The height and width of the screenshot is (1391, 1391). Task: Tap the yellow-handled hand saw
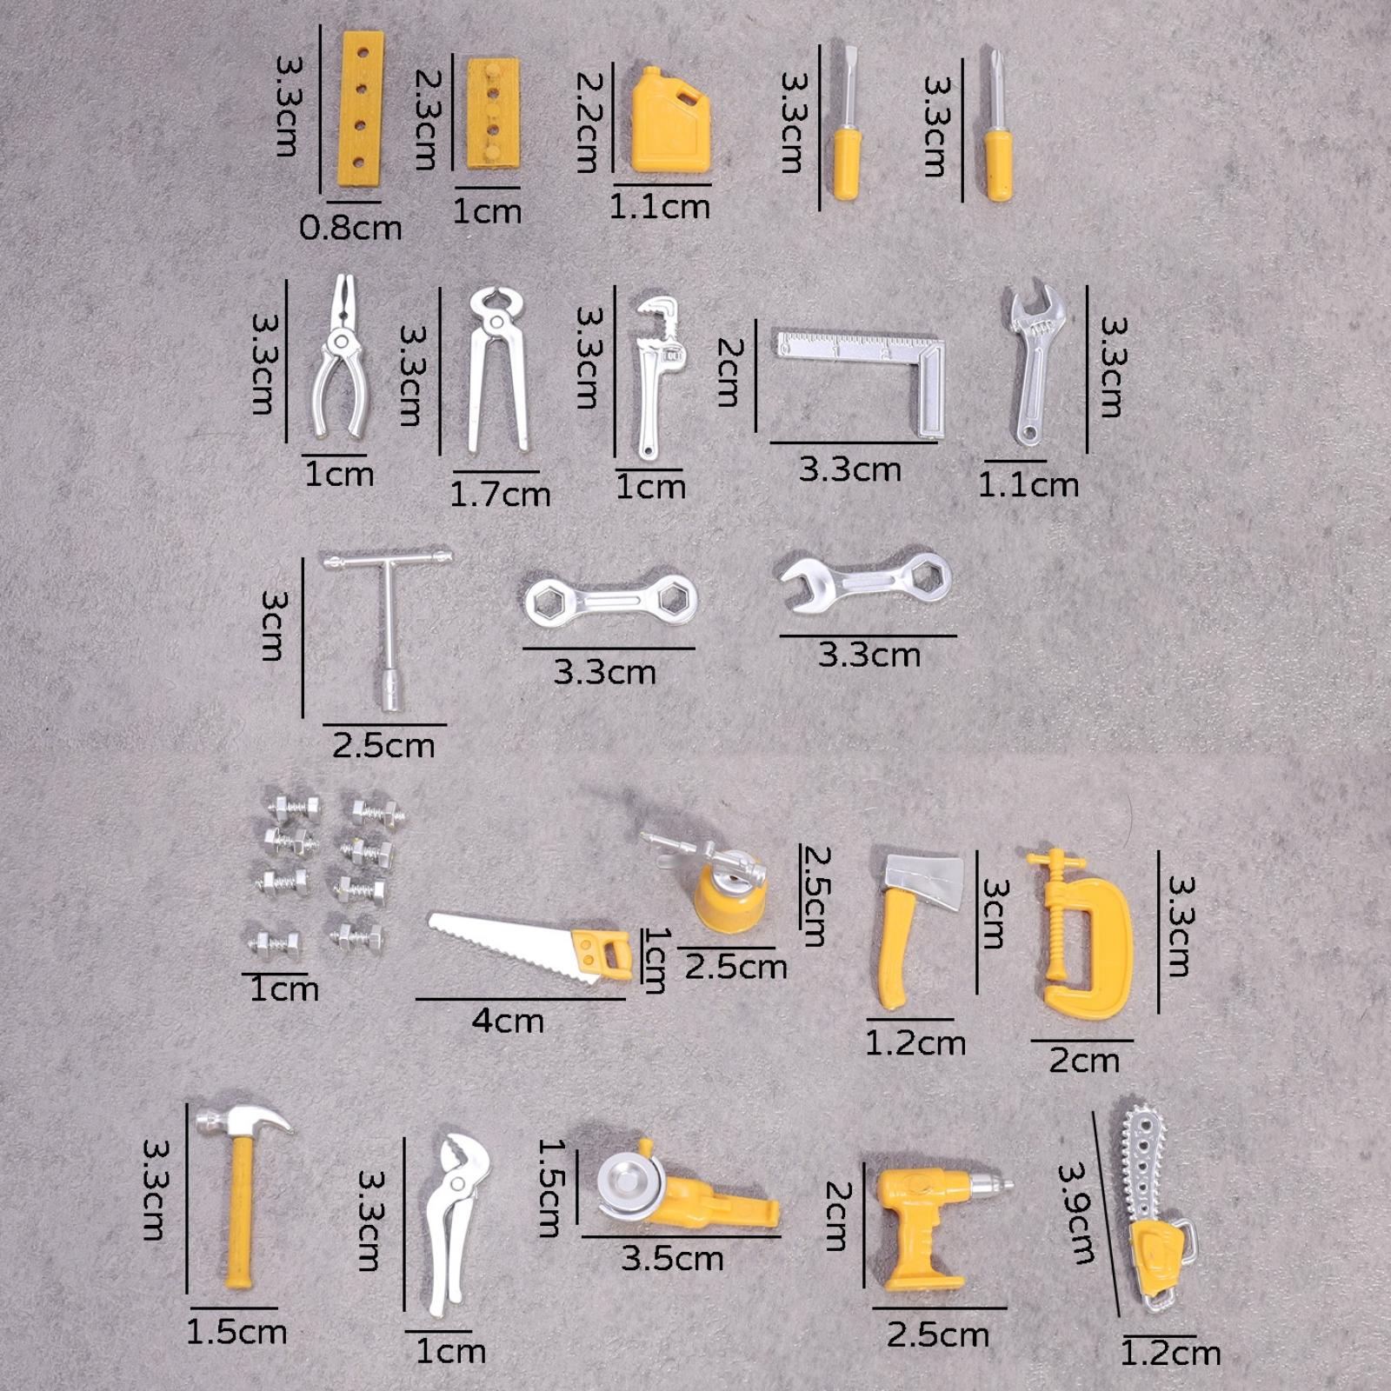pyautogui.click(x=530, y=946)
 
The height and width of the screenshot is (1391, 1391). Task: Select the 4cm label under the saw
pyautogui.click(x=508, y=1020)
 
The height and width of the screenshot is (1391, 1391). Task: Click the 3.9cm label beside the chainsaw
pyautogui.click(x=1076, y=1213)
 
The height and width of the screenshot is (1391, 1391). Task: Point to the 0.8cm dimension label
pyautogui.click(x=350, y=228)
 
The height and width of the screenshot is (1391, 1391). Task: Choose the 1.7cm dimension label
pyautogui.click(x=500, y=495)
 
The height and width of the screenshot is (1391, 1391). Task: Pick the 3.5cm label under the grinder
pyautogui.click(x=672, y=1259)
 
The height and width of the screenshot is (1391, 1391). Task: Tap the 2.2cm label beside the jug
pyautogui.click(x=589, y=122)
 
